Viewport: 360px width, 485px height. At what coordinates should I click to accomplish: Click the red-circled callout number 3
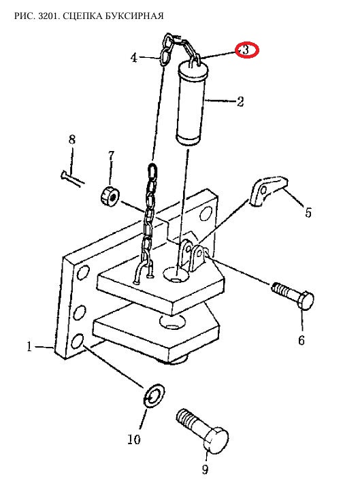coord(246,50)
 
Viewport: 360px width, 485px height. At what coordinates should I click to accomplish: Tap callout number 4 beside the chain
coord(133,58)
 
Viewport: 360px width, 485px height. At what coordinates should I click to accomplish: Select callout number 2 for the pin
coord(240,101)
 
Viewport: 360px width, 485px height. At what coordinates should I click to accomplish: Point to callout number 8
coord(72,139)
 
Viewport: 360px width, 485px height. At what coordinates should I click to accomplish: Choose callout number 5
coord(308,212)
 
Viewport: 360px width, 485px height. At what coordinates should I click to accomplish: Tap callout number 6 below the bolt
coord(301,340)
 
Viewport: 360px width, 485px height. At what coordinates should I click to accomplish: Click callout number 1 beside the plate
coord(29,346)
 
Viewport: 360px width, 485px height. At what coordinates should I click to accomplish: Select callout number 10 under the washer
coord(134,439)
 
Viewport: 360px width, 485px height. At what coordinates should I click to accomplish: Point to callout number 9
coord(206,469)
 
